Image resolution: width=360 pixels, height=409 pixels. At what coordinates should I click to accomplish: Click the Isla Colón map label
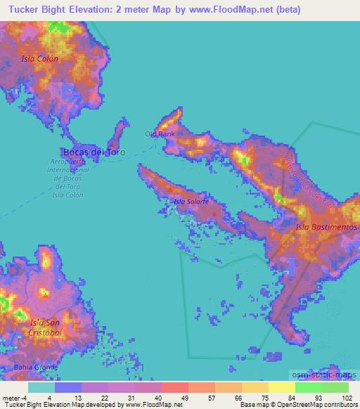point(39,59)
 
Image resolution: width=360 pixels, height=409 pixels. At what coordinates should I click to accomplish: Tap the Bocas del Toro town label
point(94,151)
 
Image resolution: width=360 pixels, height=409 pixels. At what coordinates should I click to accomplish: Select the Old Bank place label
point(160,134)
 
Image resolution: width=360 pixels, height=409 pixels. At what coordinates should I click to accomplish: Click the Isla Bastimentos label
point(326,228)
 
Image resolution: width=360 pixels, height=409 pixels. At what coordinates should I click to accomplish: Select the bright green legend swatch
point(309,387)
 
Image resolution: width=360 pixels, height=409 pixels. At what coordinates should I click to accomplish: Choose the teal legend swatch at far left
point(41,387)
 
